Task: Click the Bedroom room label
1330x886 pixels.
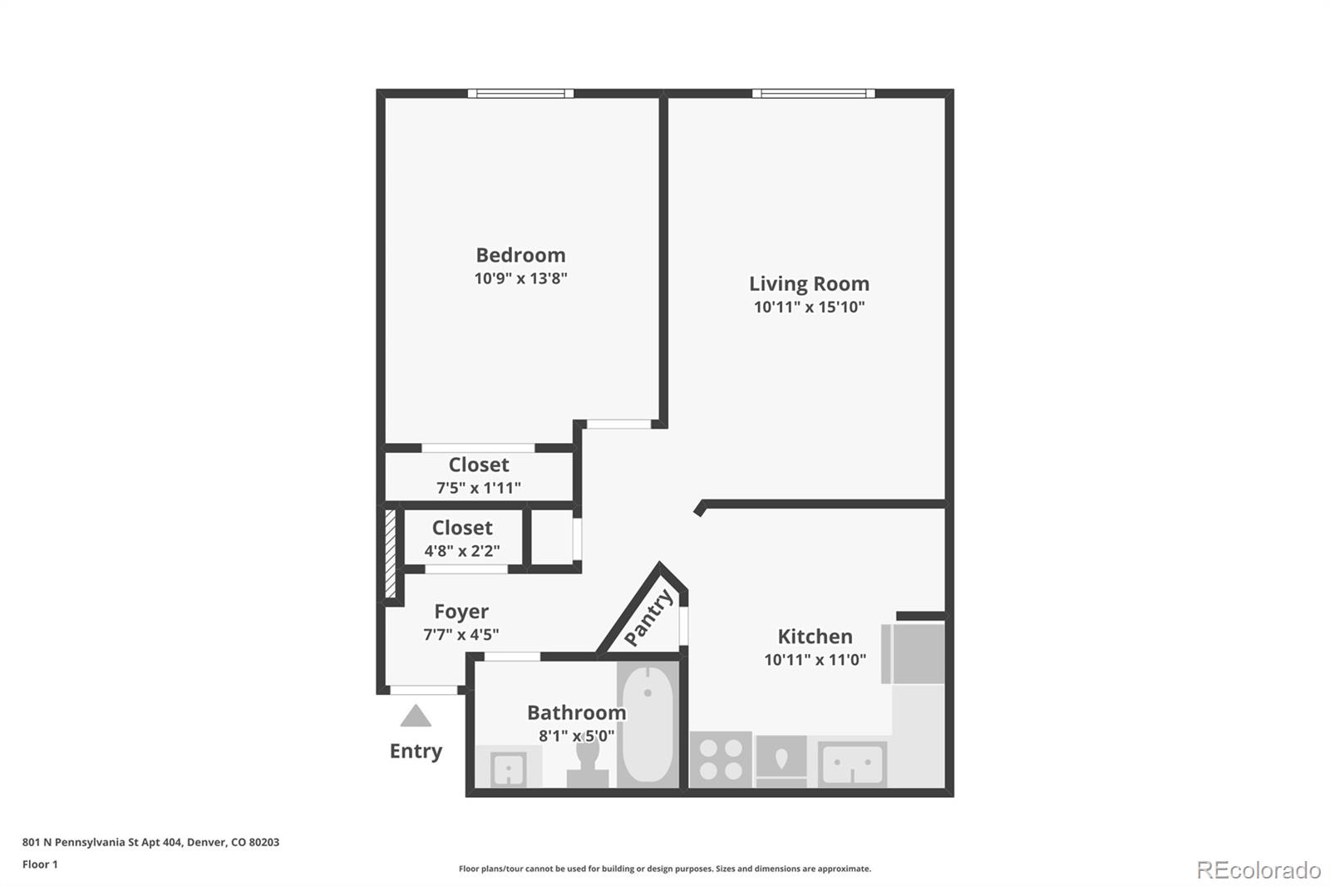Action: point(520,255)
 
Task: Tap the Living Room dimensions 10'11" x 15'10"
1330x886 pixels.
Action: point(809,307)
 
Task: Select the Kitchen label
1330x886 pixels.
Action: point(815,637)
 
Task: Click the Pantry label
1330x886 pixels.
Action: point(648,618)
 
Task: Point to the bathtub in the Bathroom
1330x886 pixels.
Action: point(647,723)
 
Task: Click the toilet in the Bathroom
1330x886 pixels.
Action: point(588,763)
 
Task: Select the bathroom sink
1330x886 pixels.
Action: point(507,768)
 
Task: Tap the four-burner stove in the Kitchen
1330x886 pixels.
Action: point(721,759)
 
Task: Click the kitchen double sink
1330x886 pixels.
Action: point(852,763)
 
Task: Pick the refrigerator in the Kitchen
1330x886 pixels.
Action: point(915,653)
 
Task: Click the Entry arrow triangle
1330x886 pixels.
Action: point(416,716)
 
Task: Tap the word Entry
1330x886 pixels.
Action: point(416,751)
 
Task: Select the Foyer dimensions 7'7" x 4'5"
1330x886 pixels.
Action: point(461,635)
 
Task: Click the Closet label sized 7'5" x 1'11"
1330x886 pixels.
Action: point(479,465)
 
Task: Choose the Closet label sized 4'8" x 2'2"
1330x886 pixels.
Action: point(462,528)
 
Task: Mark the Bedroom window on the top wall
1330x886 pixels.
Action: point(520,93)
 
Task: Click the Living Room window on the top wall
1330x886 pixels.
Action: point(813,93)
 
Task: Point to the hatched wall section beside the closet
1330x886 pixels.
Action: point(390,553)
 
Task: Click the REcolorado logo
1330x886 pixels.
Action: point(1258,869)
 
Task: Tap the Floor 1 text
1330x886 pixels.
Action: point(40,864)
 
